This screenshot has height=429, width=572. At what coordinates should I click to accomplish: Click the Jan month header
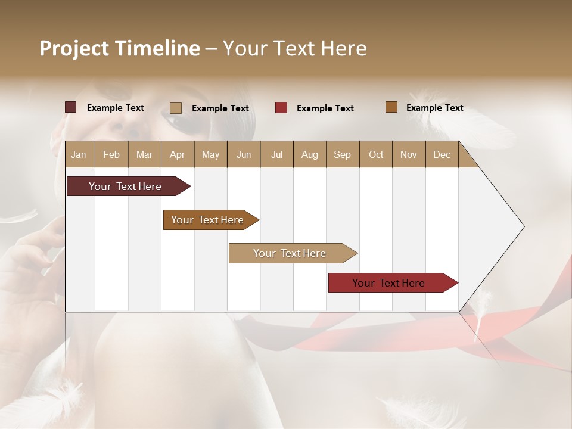[x=79, y=154]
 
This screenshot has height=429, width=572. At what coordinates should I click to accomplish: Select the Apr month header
[x=177, y=154]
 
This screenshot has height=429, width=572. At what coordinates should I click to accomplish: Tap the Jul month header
[x=276, y=154]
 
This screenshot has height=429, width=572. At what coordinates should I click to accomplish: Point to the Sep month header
[x=342, y=154]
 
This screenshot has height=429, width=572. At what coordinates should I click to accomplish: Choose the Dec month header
[x=442, y=154]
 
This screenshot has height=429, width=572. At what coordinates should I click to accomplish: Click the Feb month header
[x=111, y=154]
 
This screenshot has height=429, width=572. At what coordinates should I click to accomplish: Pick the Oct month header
[x=375, y=154]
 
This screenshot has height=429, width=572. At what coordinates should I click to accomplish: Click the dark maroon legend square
[x=70, y=107]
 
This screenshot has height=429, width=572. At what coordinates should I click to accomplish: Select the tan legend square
[x=176, y=108]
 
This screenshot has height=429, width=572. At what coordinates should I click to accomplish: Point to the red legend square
[x=281, y=108]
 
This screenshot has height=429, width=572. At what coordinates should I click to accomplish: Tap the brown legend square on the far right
[x=391, y=107]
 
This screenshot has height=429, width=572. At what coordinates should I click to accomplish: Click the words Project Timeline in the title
[x=120, y=48]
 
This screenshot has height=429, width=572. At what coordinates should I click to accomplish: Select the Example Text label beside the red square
[x=325, y=108]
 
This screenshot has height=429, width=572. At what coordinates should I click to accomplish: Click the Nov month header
[x=409, y=154]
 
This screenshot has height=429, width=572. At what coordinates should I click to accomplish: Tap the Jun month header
[x=244, y=154]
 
